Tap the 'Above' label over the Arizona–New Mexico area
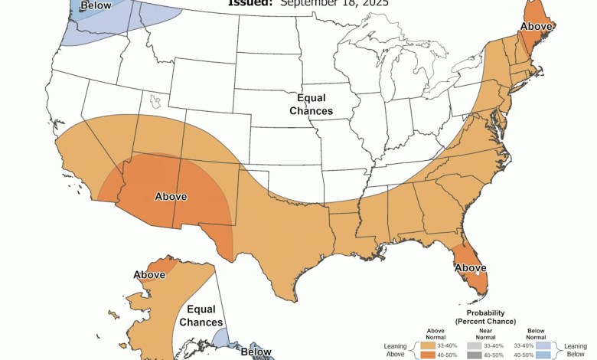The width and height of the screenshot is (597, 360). [x=171, y=197]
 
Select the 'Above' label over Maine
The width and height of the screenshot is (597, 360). [x=535, y=27]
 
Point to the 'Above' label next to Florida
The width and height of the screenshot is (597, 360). [x=471, y=267]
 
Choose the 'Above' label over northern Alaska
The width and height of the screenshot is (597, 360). [x=149, y=274]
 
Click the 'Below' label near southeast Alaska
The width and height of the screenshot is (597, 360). [x=256, y=352]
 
